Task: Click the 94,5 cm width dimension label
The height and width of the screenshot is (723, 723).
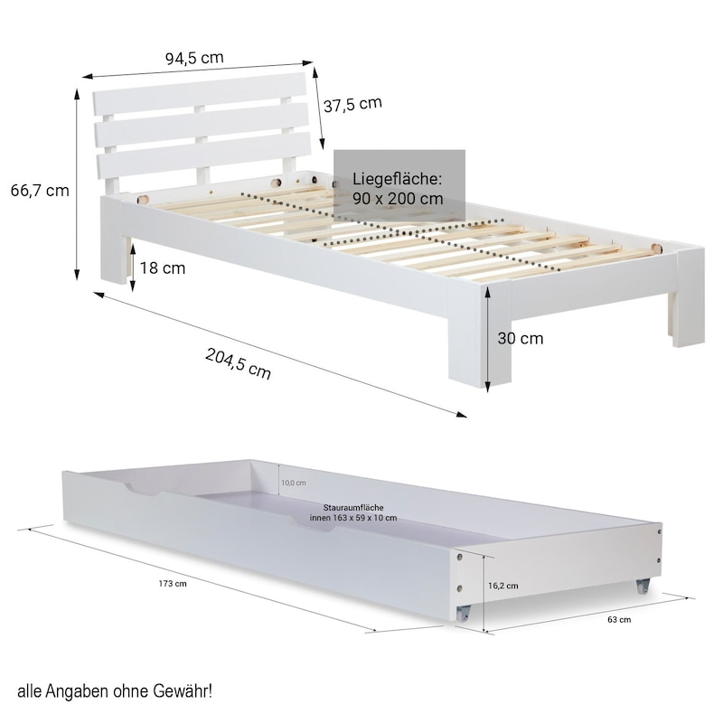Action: pyautogui.click(x=194, y=58)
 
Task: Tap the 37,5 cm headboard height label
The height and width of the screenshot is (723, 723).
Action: pyautogui.click(x=352, y=105)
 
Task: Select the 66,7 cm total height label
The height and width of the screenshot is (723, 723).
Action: pyautogui.click(x=40, y=191)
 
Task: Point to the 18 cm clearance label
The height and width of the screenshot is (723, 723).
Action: pyautogui.click(x=163, y=268)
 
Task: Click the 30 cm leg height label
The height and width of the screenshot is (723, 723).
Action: pyautogui.click(x=521, y=338)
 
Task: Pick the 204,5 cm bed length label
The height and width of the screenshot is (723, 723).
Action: pyautogui.click(x=238, y=363)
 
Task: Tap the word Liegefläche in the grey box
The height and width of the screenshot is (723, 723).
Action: pyautogui.click(x=398, y=179)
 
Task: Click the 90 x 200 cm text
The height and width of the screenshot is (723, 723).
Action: pyautogui.click(x=398, y=199)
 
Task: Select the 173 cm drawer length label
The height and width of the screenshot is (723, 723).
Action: pyautogui.click(x=173, y=584)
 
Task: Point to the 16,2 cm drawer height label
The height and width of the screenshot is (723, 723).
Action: pyautogui.click(x=503, y=586)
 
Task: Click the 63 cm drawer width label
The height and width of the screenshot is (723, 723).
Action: pyautogui.click(x=619, y=620)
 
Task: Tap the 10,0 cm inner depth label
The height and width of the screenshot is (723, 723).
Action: pyautogui.click(x=294, y=483)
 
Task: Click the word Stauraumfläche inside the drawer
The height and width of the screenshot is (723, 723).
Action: pyautogui.click(x=353, y=508)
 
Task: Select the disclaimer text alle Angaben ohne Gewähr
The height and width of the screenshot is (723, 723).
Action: pyautogui.click(x=115, y=691)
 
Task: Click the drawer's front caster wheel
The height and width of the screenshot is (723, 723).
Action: pyautogui.click(x=463, y=614)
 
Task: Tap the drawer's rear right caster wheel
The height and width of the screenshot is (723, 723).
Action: pyautogui.click(x=643, y=586)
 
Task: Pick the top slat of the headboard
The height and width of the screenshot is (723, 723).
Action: pyautogui.click(x=200, y=94)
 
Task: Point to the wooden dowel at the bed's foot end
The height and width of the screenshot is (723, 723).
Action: pyautogui.click(x=656, y=249)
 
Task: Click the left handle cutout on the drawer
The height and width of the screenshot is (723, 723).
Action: pyautogui.click(x=144, y=489)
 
